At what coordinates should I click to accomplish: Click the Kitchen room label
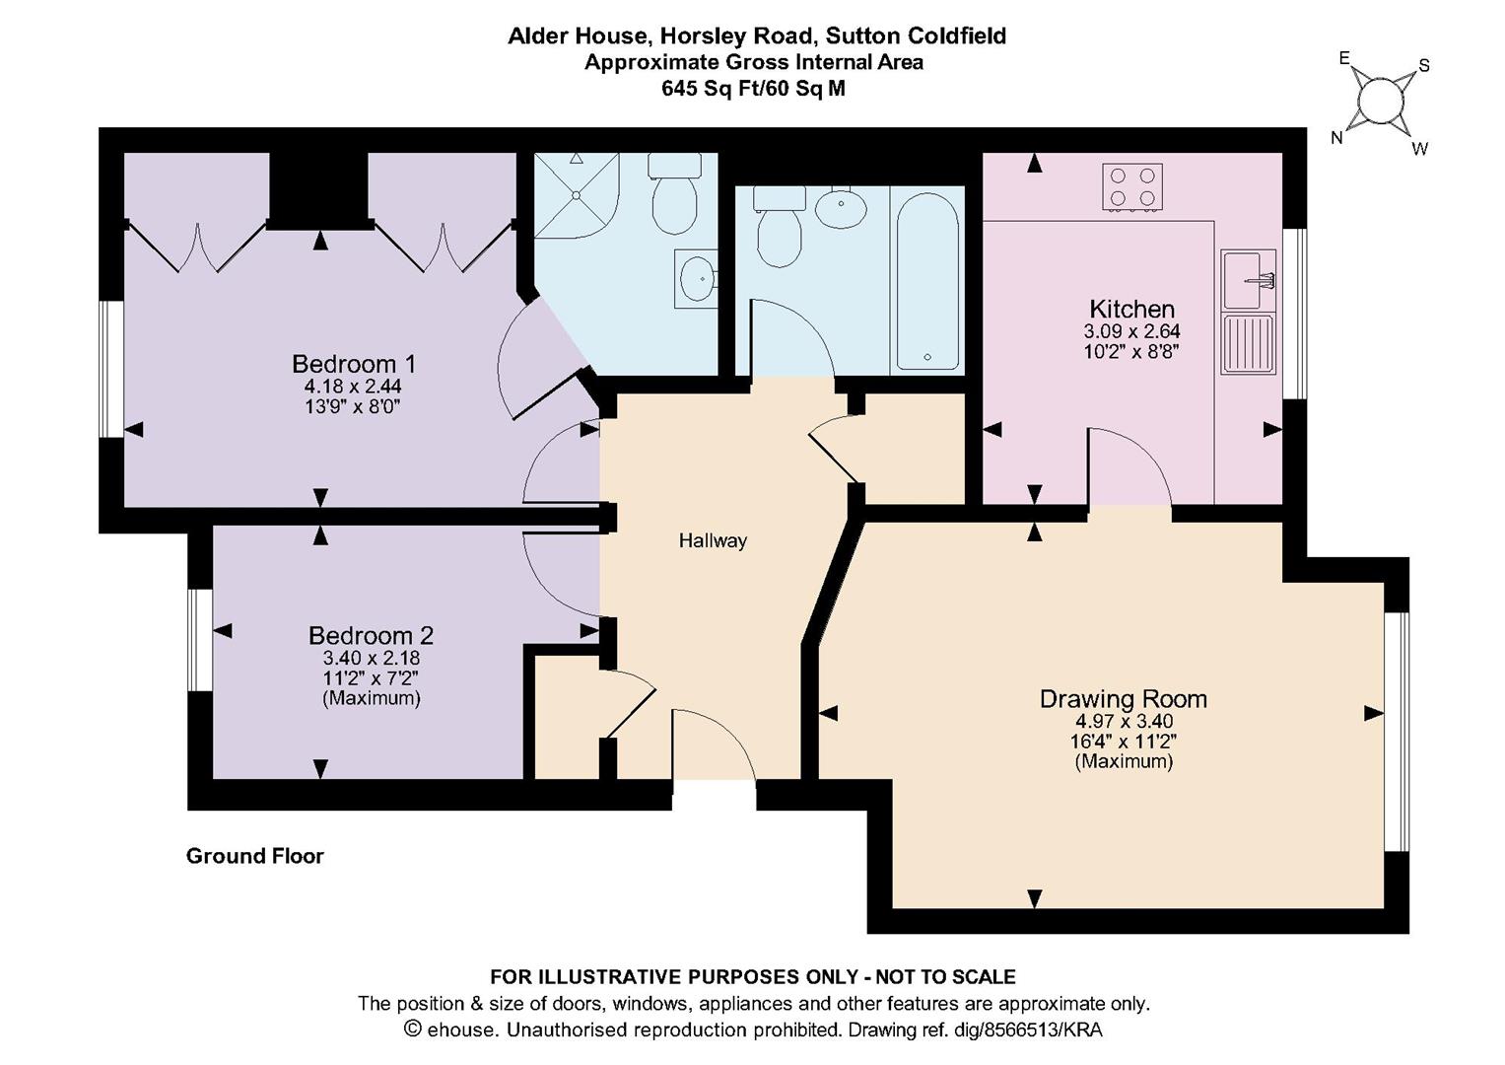pos(1131,309)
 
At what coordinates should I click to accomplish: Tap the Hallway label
pos(713,540)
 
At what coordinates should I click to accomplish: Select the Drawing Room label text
pos(1123,699)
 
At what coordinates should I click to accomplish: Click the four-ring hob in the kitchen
pos(1131,186)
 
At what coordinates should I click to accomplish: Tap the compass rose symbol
pos(1380,102)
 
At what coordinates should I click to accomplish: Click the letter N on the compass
pos(1337,138)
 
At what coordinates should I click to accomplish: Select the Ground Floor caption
pos(254,856)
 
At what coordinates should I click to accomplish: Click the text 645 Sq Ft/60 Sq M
pos(753,89)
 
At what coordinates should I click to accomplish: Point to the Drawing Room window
pos(1396,731)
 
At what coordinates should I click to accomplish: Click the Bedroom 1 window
pos(111,368)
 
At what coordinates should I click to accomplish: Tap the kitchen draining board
pos(1248,343)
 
